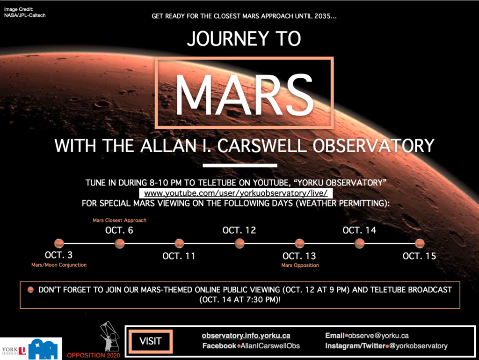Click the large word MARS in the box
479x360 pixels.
244,95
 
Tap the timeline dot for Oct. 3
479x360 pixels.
59,243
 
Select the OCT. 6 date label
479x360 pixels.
119,230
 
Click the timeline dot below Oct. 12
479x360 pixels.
239,243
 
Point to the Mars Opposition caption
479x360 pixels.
300,265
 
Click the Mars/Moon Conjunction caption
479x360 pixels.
59,265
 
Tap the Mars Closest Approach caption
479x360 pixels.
119,220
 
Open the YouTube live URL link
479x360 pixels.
236,193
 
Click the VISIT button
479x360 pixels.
151,341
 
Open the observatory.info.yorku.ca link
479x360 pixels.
246,336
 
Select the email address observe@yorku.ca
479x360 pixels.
378,336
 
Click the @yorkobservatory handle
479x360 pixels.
418,346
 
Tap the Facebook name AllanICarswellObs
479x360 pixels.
270,346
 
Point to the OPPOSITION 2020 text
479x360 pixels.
94,355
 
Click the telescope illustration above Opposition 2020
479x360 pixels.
109,336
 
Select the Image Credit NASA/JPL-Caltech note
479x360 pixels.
25,12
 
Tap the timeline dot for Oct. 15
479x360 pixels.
420,243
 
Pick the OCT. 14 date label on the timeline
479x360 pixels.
359,230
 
